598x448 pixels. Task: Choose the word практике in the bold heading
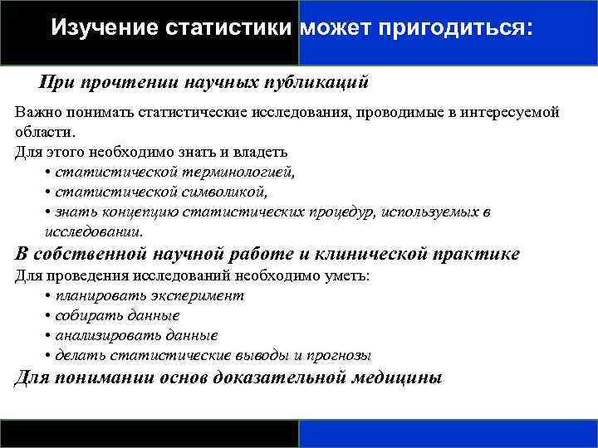483,254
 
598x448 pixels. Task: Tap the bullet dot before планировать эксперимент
48,296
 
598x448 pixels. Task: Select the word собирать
86,316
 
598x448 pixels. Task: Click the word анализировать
102,336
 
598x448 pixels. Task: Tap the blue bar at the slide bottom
448,433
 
